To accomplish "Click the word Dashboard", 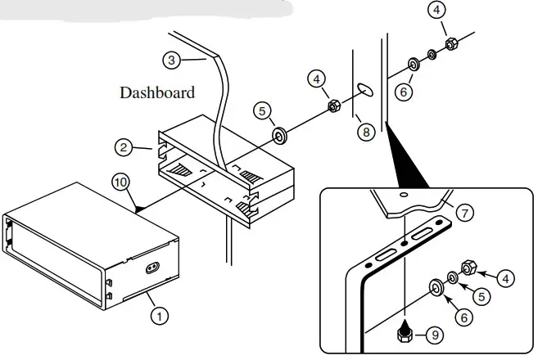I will pos(157,92).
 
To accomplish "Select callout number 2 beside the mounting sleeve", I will pos(123,147).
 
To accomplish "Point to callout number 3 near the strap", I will pos(170,60).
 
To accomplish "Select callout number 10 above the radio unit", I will pos(120,182).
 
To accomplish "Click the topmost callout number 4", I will pos(437,11).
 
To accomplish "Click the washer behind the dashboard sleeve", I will pos(279,133).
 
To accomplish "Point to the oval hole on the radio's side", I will pos(153,267).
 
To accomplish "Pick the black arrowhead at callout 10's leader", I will pos(141,210).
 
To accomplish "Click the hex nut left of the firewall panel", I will pos(334,106).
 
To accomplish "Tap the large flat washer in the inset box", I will pos(436,286).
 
